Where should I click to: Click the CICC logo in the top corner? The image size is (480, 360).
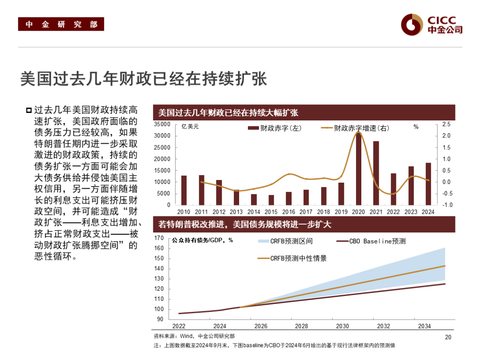click(x=432, y=24)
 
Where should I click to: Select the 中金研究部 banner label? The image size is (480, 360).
click(x=61, y=24)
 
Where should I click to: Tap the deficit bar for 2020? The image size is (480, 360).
click(x=358, y=169)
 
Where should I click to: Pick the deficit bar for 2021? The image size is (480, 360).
click(x=376, y=173)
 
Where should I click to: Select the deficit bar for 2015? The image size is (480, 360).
click(x=271, y=200)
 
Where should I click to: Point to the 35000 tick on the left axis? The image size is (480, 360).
click(x=163, y=124)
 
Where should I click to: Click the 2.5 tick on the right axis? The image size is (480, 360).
click(x=446, y=124)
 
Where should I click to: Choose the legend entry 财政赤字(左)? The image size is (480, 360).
click(x=276, y=128)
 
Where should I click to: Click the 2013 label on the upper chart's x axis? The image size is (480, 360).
click(x=236, y=212)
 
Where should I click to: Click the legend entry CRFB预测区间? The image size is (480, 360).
click(x=287, y=241)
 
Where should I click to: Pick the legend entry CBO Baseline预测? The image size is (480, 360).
click(x=372, y=241)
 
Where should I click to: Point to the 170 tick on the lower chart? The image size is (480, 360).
click(x=158, y=238)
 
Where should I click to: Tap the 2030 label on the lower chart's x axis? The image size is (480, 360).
click(x=342, y=326)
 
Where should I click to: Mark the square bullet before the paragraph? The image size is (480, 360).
click(x=29, y=110)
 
